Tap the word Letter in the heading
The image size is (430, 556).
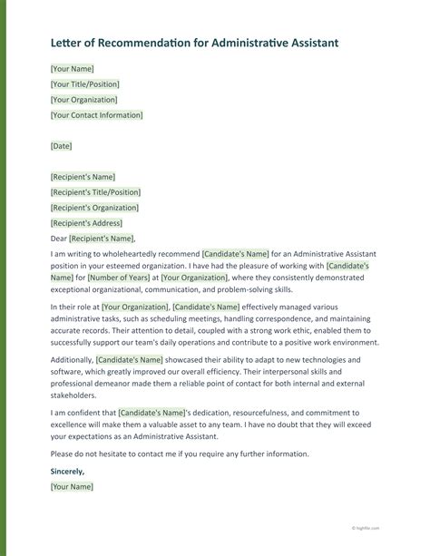tap(68, 43)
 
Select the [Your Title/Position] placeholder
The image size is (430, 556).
tap(90, 84)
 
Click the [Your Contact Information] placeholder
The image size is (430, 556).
tap(97, 115)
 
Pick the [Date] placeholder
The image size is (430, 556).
tap(62, 146)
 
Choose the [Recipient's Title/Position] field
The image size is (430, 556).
tap(95, 192)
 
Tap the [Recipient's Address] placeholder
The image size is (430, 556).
tap(86, 223)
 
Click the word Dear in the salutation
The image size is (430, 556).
tap(60, 239)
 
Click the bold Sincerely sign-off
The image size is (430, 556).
tap(68, 472)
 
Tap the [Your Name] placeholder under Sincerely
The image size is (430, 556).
tap(73, 487)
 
